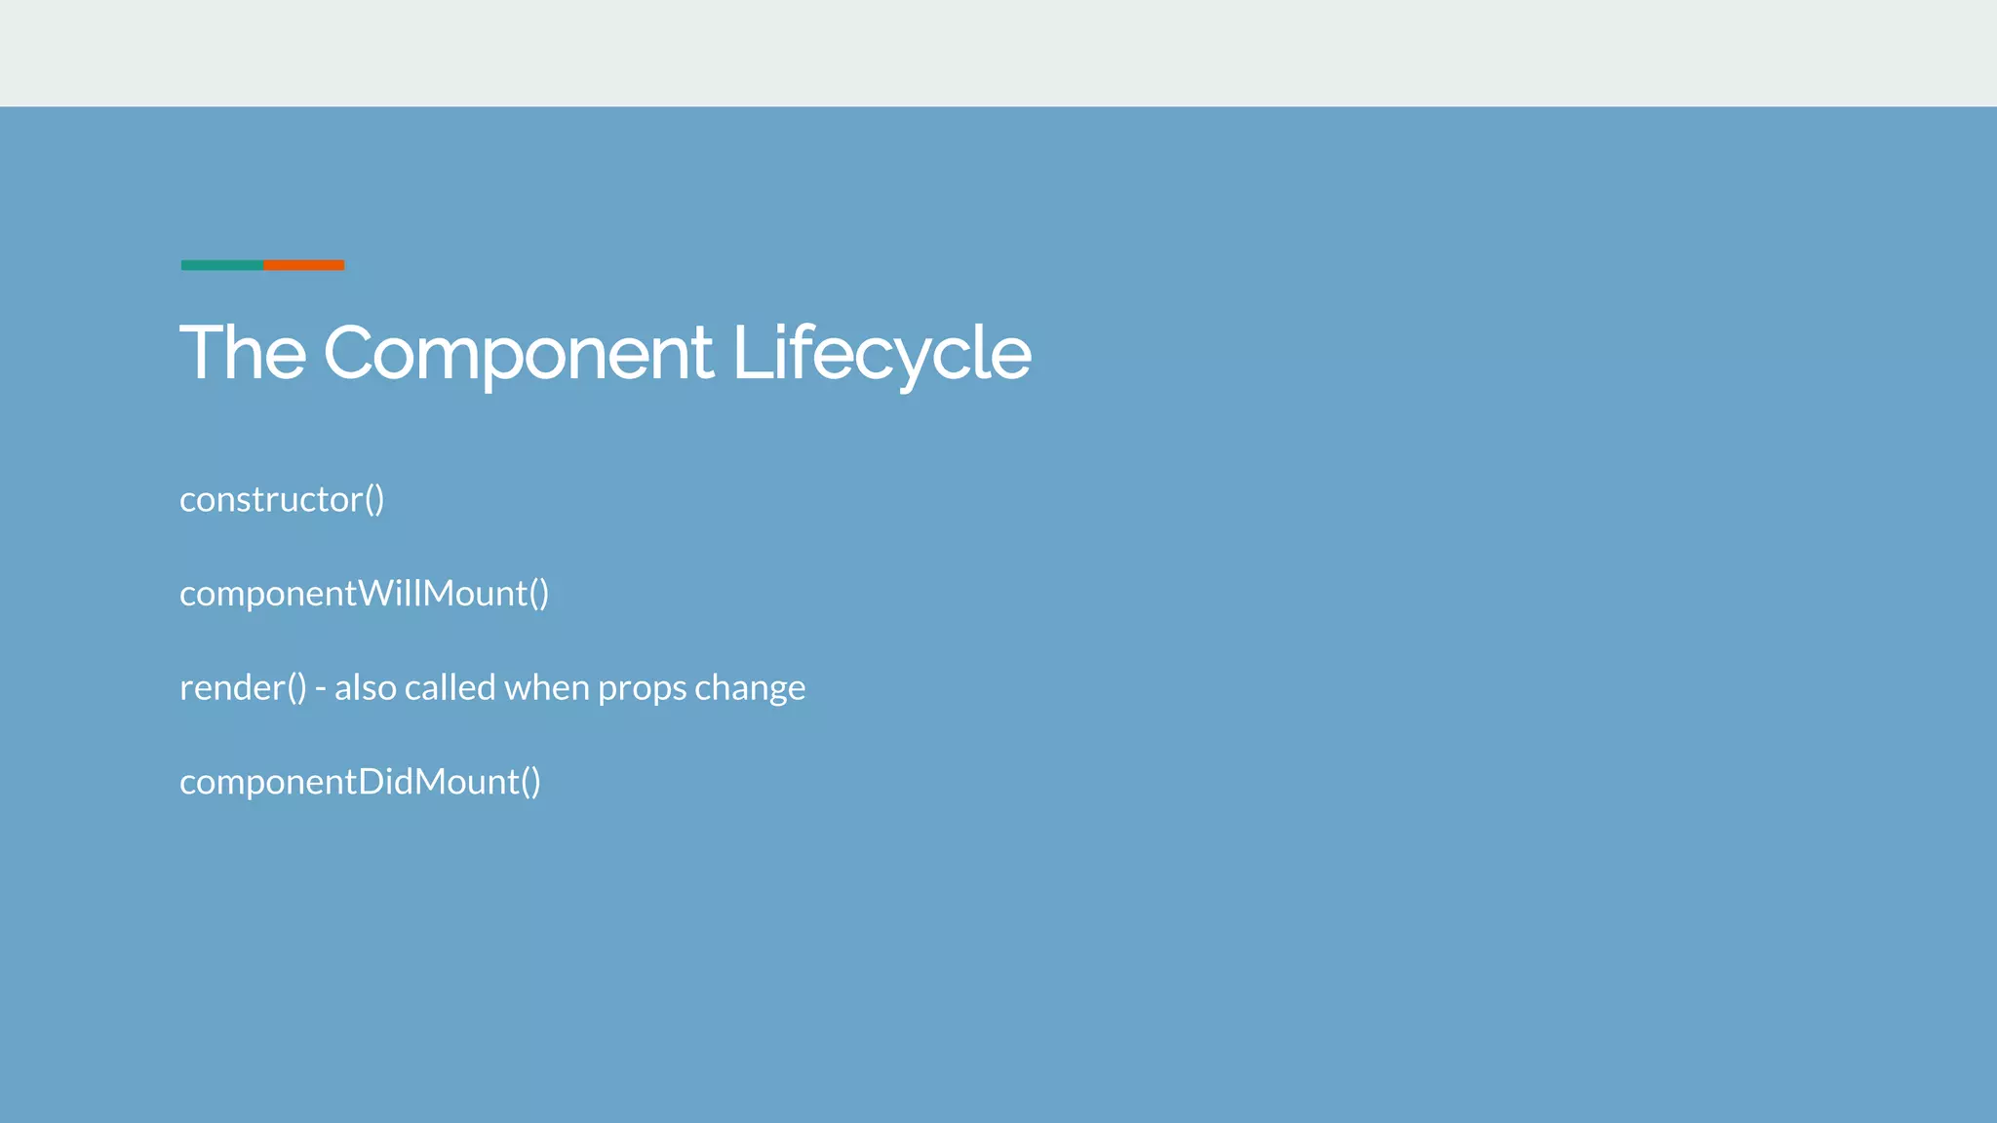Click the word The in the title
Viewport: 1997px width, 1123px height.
click(243, 353)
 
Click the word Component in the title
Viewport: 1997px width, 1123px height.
click(518, 353)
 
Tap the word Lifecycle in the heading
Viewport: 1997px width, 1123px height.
click(881, 353)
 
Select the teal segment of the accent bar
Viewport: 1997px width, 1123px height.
click(221, 265)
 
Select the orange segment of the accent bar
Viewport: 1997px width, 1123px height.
click(304, 265)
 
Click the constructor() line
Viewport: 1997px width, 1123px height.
click(282, 499)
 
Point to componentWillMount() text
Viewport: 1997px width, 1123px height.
click(364, 594)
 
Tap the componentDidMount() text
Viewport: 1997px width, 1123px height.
click(360, 782)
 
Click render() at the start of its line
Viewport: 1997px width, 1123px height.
click(243, 688)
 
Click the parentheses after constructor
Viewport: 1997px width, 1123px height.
click(374, 499)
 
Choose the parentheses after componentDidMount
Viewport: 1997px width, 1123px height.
click(530, 782)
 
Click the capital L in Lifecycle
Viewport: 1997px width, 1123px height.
click(749, 353)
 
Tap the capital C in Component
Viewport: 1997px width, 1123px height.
click(347, 353)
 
